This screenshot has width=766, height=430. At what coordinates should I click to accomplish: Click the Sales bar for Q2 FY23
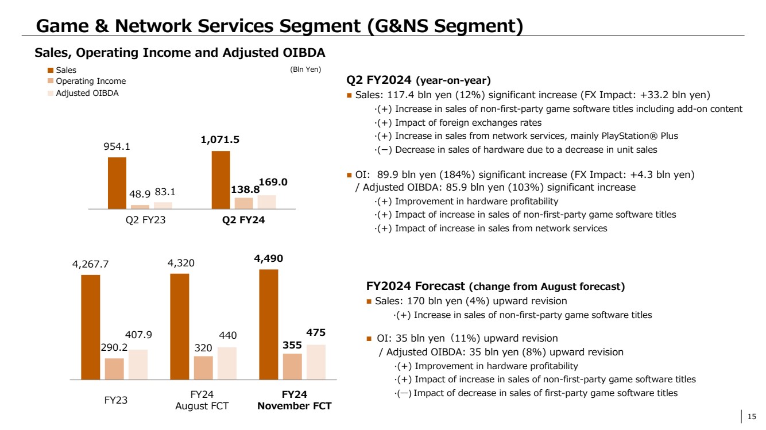click(x=117, y=183)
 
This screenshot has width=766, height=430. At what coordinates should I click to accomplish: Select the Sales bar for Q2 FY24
click(x=221, y=180)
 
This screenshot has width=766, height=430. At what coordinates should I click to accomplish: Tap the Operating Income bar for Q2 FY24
click(x=244, y=203)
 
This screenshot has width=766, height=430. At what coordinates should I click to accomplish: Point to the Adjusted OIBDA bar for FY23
click(x=138, y=365)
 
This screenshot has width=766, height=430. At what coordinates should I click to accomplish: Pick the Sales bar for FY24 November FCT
click(x=269, y=324)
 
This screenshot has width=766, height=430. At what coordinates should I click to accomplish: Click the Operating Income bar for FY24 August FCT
click(x=203, y=368)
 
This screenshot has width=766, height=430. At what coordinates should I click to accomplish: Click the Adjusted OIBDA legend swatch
click(x=50, y=93)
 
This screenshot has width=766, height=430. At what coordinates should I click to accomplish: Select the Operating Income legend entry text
click(x=90, y=82)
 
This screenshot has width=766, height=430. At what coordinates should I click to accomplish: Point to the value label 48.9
click(x=140, y=195)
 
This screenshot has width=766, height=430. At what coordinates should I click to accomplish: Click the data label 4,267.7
click(x=90, y=265)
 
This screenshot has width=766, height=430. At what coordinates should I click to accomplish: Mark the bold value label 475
click(x=316, y=334)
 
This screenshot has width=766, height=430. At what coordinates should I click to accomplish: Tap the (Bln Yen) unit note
click(x=305, y=69)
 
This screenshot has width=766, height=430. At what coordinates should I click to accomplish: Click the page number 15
click(x=751, y=416)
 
